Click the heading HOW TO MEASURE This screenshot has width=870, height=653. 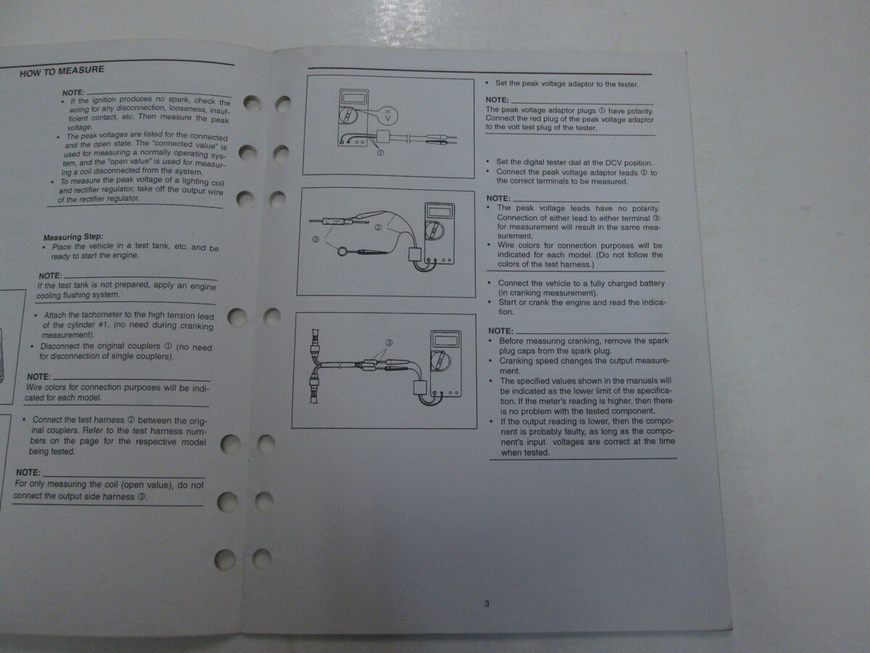point(62,71)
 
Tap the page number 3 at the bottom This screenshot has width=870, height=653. point(486,604)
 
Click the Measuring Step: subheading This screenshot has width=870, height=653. point(73,237)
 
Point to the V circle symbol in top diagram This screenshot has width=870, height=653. point(388,117)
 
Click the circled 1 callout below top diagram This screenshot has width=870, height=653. point(380,152)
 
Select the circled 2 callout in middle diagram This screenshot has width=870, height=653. point(378,227)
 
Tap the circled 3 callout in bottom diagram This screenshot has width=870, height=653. point(389,342)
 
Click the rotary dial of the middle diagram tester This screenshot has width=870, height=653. point(434,231)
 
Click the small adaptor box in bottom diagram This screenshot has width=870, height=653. point(420,387)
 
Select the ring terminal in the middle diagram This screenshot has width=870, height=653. point(342,250)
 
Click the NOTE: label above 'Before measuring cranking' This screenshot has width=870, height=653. point(501,331)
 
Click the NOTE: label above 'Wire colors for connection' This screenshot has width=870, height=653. point(39,377)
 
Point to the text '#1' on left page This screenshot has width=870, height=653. point(103,325)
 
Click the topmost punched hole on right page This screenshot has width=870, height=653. point(283,104)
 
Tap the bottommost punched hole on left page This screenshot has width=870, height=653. point(225,559)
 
